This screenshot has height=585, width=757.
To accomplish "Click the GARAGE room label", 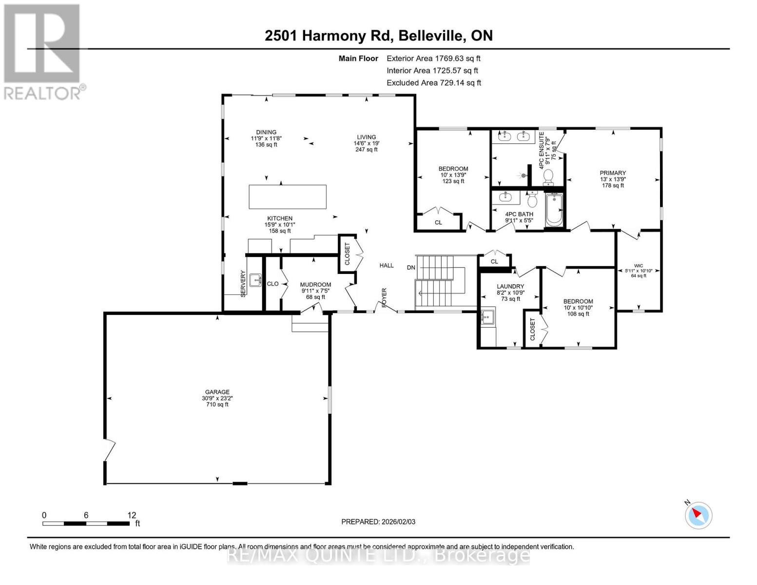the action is pyautogui.click(x=217, y=392).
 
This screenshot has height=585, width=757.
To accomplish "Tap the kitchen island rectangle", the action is pyautogui.click(x=288, y=197).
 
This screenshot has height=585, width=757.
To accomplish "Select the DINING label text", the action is pyautogui.click(x=266, y=132).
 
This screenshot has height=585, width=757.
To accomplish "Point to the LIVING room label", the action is pyautogui.click(x=366, y=137).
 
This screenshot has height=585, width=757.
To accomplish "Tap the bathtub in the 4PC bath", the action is pyautogui.click(x=554, y=210).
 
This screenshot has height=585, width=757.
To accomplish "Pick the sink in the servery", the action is pyautogui.click(x=255, y=280).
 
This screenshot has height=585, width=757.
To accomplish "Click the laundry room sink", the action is pyautogui.click(x=487, y=317).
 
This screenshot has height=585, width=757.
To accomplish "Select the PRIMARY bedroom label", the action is pyautogui.click(x=613, y=173).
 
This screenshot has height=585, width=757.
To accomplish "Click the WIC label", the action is pyautogui.click(x=639, y=266).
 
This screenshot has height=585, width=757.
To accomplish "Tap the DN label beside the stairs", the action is pyautogui.click(x=411, y=268).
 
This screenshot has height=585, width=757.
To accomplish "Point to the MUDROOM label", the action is pyautogui.click(x=316, y=284).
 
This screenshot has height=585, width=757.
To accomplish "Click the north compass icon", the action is pyautogui.click(x=698, y=515).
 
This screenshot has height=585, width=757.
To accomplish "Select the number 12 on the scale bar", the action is pyautogui.click(x=132, y=515).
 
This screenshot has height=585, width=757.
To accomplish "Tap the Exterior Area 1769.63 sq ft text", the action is pyautogui.click(x=433, y=58).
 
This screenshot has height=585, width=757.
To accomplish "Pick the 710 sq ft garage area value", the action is pyautogui.click(x=217, y=405).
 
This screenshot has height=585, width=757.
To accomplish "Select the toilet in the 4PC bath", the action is pyautogui.click(x=532, y=199).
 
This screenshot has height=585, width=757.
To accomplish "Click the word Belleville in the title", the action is pyautogui.click(x=431, y=36).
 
